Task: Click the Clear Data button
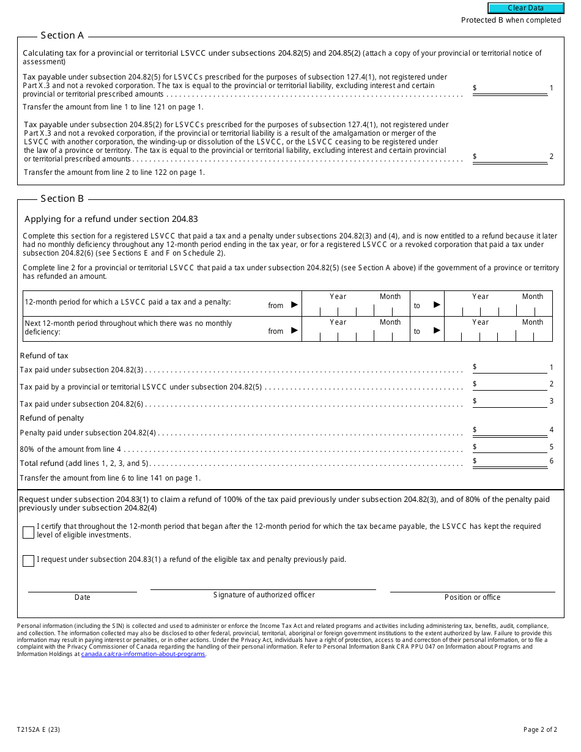(x=525, y=8)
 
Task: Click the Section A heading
(x=62, y=35)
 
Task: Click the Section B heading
(x=62, y=199)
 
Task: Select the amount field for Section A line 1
(x=513, y=88)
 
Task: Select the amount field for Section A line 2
(x=513, y=157)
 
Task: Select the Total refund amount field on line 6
(x=513, y=462)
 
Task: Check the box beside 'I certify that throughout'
(x=28, y=533)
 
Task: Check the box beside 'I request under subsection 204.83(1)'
(x=28, y=561)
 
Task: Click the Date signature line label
(x=83, y=597)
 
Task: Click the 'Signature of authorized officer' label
(x=264, y=595)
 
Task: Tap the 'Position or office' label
(x=472, y=597)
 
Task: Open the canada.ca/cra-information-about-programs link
(x=143, y=654)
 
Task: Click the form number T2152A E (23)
(x=39, y=729)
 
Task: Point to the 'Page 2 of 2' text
(x=540, y=729)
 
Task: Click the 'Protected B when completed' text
(x=511, y=20)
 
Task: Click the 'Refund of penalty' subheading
(x=52, y=418)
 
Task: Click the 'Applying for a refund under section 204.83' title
(x=111, y=219)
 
